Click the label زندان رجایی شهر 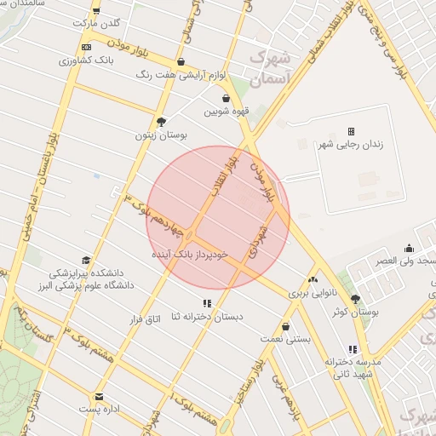[350, 145]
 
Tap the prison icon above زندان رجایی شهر [350, 131]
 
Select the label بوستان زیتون [160, 135]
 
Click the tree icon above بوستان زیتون [161, 121]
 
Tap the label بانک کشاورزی [85, 60]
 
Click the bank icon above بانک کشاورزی [86, 47]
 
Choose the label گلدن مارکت [97, 23]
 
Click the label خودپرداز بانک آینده [190, 255]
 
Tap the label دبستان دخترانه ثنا [207, 317]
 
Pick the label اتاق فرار [145, 319]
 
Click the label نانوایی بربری [313, 292]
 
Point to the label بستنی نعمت [284, 338]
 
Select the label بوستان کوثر [355, 313]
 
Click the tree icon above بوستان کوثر [355, 299]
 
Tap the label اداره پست [100, 410]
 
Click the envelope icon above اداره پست [100, 397]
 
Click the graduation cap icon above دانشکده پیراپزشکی [85, 261]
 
